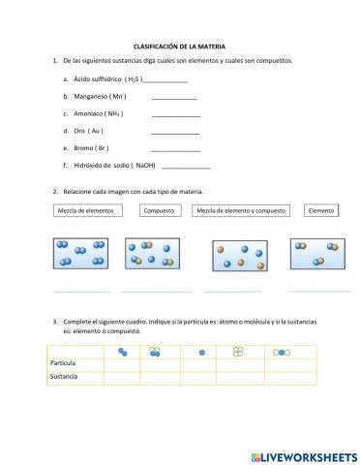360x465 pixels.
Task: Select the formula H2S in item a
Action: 133,79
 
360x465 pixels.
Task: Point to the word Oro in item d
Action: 80,131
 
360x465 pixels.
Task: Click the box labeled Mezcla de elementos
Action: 85,210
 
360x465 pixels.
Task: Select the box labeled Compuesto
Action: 159,210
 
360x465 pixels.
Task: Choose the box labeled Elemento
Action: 320,210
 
